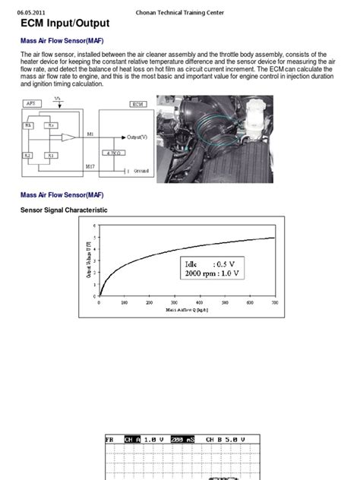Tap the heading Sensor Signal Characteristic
[x=64, y=210]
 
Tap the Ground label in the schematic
[x=141, y=171]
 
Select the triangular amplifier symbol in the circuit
[x=69, y=137]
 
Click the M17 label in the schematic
[x=90, y=165]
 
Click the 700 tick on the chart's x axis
[x=275, y=302]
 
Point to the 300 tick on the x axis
[x=175, y=302]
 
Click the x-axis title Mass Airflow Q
[x=188, y=310]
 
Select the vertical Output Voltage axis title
[x=90, y=262]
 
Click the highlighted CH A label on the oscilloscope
[x=133, y=439]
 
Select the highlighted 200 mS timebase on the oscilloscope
[x=182, y=439]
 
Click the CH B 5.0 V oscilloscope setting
[x=228, y=439]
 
